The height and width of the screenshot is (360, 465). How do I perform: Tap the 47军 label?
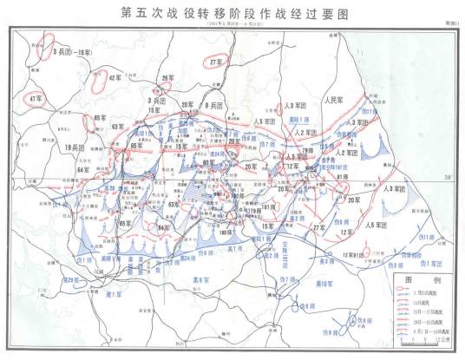[36, 97]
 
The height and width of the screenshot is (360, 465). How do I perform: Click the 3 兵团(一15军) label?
[71, 53]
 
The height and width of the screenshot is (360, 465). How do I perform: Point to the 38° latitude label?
[446, 178]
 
